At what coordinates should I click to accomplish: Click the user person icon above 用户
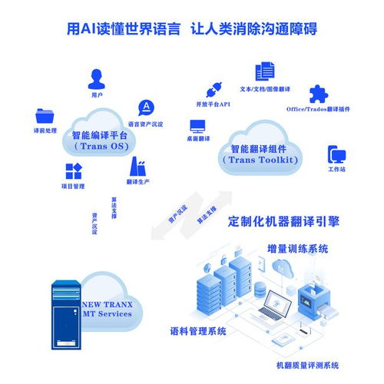[x=97, y=78]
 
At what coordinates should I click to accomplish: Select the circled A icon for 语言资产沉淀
[x=144, y=108]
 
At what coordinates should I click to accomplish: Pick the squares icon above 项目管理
[x=73, y=171]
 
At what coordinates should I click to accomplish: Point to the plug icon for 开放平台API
[x=213, y=88]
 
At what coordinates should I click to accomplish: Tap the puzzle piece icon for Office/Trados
[x=318, y=94]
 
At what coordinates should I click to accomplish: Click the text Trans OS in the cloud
[x=101, y=146]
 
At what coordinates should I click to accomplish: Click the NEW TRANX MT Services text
[x=108, y=309]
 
